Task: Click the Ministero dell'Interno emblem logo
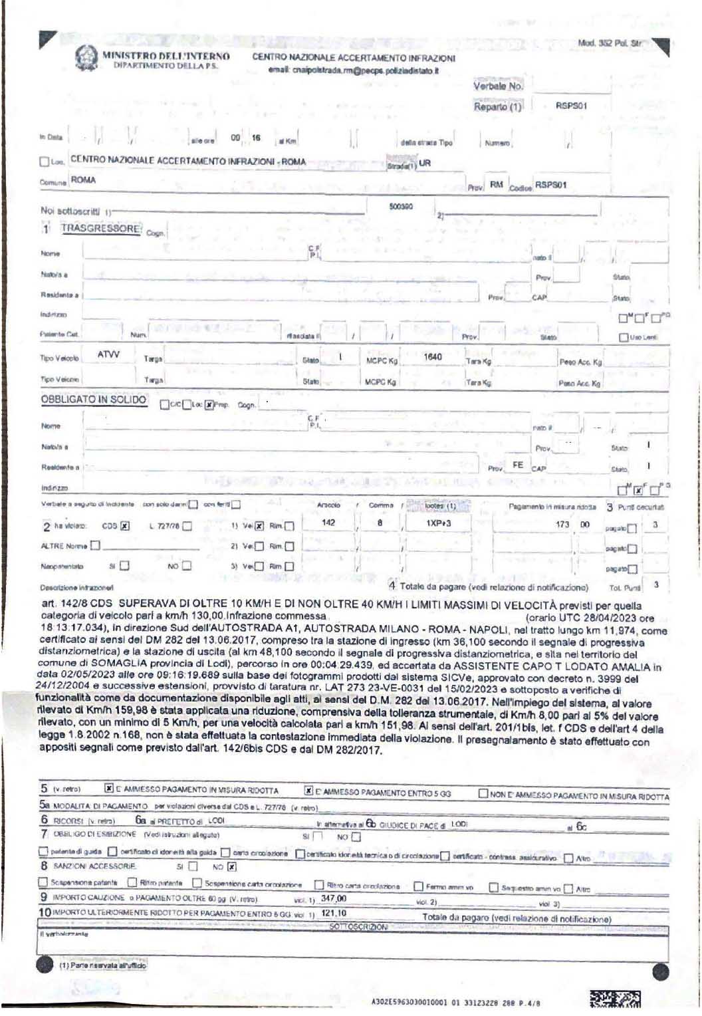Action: coord(84,59)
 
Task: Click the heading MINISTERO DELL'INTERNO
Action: coord(166,56)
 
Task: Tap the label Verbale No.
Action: coord(498,86)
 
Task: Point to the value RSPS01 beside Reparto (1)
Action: coord(571,106)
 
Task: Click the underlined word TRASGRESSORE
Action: coord(101,228)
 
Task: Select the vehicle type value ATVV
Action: coord(108,355)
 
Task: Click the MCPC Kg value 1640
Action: coord(433,357)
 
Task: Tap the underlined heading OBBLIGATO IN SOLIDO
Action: coord(93,400)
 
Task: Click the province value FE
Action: coord(517,465)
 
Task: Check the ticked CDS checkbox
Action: coord(125,526)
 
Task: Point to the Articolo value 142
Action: coord(328,523)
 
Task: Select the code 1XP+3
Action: coord(439,523)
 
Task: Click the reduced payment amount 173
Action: coord(563,524)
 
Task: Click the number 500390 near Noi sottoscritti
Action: coord(401,207)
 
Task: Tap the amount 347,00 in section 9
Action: coord(334,898)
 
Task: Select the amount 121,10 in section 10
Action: coord(334,914)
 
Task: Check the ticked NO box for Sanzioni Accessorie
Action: coord(232,866)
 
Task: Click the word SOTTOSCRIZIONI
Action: coord(358,927)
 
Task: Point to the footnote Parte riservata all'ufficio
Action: coord(103,965)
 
